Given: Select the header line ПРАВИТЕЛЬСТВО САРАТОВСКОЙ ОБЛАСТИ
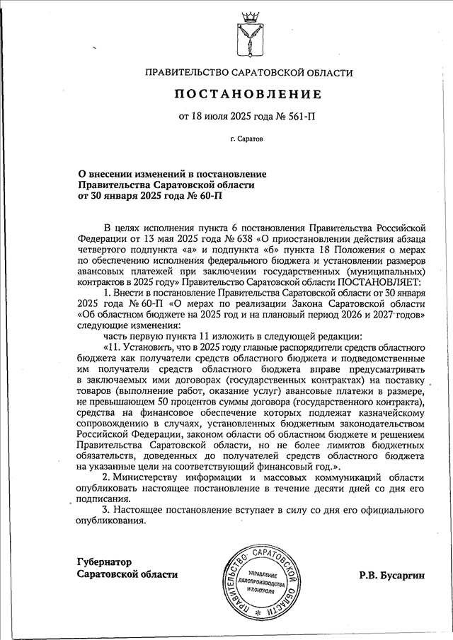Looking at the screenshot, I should point(248,72).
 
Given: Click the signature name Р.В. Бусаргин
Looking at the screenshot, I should point(392,575).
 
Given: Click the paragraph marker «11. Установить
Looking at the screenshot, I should point(134,348).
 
